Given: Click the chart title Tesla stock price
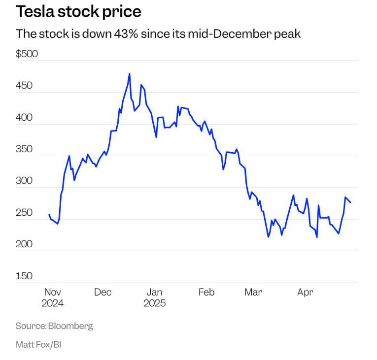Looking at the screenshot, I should click(x=78, y=11).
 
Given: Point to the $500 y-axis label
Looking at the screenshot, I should click(x=27, y=54).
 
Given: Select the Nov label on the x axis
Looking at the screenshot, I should click(x=52, y=292).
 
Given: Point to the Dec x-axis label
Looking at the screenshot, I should click(x=103, y=292).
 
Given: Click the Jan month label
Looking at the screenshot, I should click(x=154, y=292).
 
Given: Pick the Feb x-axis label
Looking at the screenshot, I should click(x=206, y=292).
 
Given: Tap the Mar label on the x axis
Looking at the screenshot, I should click(x=253, y=292).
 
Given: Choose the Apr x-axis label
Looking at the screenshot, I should click(x=306, y=292).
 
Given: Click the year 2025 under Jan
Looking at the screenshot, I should click(x=154, y=303).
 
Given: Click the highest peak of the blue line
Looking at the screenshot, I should click(x=129, y=74).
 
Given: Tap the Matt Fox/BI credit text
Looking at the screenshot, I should click(x=38, y=344).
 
